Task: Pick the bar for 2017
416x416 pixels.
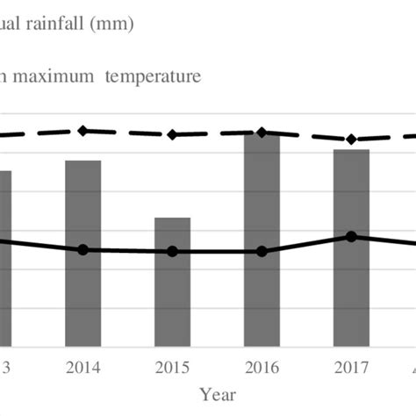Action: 351,247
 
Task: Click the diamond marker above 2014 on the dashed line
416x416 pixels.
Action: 83,131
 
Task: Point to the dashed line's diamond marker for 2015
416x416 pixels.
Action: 173,134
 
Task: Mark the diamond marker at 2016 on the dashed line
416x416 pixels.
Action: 262,133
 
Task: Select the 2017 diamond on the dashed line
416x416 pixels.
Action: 351,140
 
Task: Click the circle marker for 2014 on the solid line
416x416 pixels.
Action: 83,250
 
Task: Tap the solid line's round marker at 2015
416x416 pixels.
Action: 173,252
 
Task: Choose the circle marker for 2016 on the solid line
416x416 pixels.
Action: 262,252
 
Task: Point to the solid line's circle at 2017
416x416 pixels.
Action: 351,236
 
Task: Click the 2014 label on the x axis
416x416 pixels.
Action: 83,366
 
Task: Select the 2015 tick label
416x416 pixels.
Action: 173,366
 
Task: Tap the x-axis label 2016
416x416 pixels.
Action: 262,366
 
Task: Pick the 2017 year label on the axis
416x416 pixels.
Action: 351,366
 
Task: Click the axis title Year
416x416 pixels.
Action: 217,394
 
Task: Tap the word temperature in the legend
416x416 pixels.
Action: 153,76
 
